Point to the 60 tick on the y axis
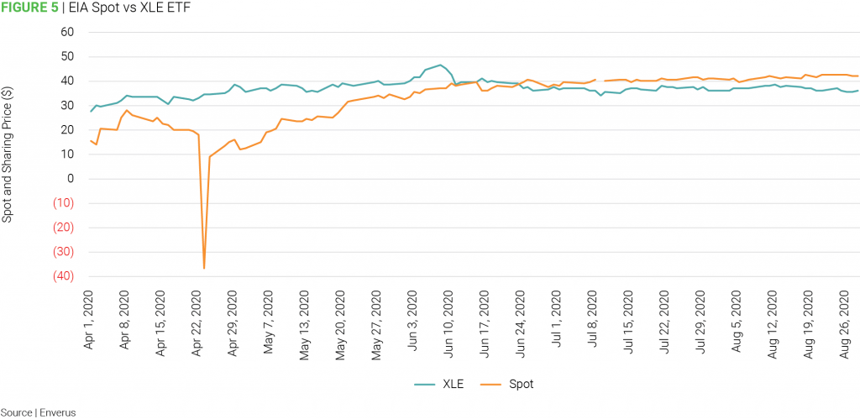[67, 33]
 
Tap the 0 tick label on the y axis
[71, 179]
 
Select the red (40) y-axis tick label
[62, 276]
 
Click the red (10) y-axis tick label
[62, 203]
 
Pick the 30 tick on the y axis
[67, 106]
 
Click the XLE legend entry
[436, 385]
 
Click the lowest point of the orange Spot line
[204, 268]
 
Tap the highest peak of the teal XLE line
[440, 65]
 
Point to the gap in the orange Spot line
[600, 81]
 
